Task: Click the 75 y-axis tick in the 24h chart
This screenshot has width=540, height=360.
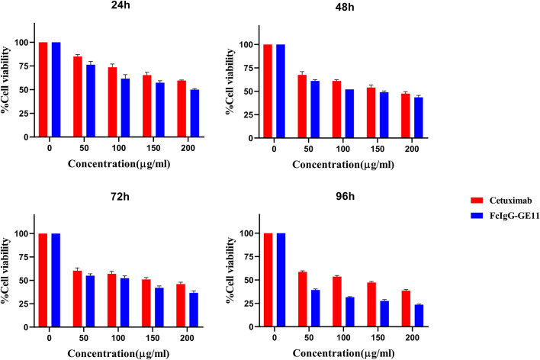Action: click(x=28, y=66)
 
